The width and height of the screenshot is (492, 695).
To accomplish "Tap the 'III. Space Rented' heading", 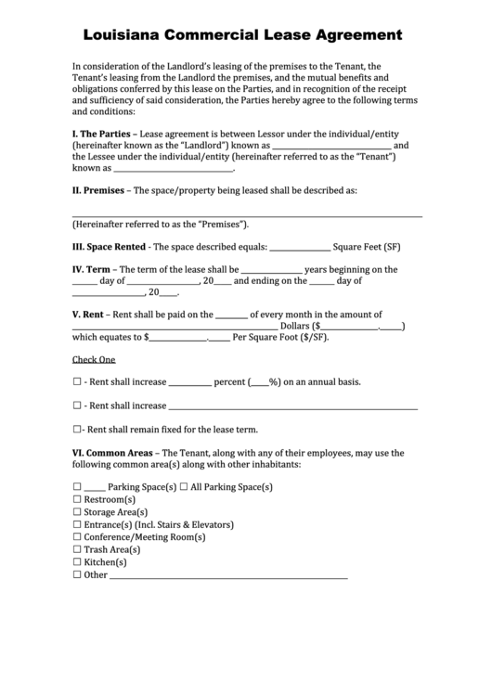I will point(109,248).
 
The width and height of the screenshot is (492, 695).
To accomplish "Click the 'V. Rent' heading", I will point(88,315).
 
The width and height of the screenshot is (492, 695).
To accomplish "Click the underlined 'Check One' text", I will point(94,359).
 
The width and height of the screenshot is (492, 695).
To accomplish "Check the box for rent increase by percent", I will point(77,382).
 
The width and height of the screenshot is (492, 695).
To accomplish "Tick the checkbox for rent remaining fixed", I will point(77,430).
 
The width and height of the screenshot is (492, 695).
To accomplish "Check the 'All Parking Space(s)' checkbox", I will point(184,487).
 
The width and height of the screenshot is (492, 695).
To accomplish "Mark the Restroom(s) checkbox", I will point(77,499).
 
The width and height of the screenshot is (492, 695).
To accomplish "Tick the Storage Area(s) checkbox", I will point(77,512).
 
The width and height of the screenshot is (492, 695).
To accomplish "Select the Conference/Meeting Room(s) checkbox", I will point(77,537).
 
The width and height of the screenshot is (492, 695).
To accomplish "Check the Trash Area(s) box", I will point(77,549).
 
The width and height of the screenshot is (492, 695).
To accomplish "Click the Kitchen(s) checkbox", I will point(77,562).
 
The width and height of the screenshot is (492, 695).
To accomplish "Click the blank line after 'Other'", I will point(228,576).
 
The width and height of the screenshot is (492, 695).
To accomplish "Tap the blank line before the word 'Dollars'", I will point(175,328).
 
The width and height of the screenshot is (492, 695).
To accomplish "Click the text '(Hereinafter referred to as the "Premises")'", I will point(161,225).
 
